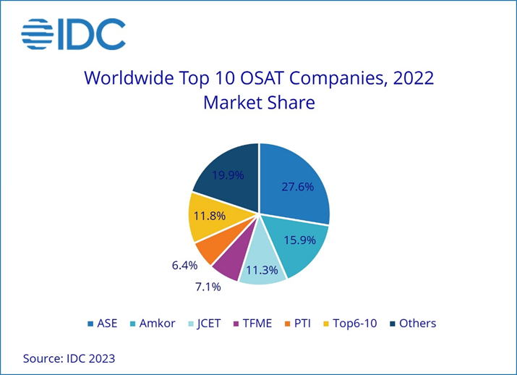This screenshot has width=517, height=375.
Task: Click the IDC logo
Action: [x=73, y=34]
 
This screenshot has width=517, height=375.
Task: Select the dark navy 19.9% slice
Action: [x=227, y=174]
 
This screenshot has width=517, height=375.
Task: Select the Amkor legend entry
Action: [x=150, y=323]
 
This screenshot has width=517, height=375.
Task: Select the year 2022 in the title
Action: [x=411, y=77]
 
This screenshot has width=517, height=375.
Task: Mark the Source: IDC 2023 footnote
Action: [x=69, y=358]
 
